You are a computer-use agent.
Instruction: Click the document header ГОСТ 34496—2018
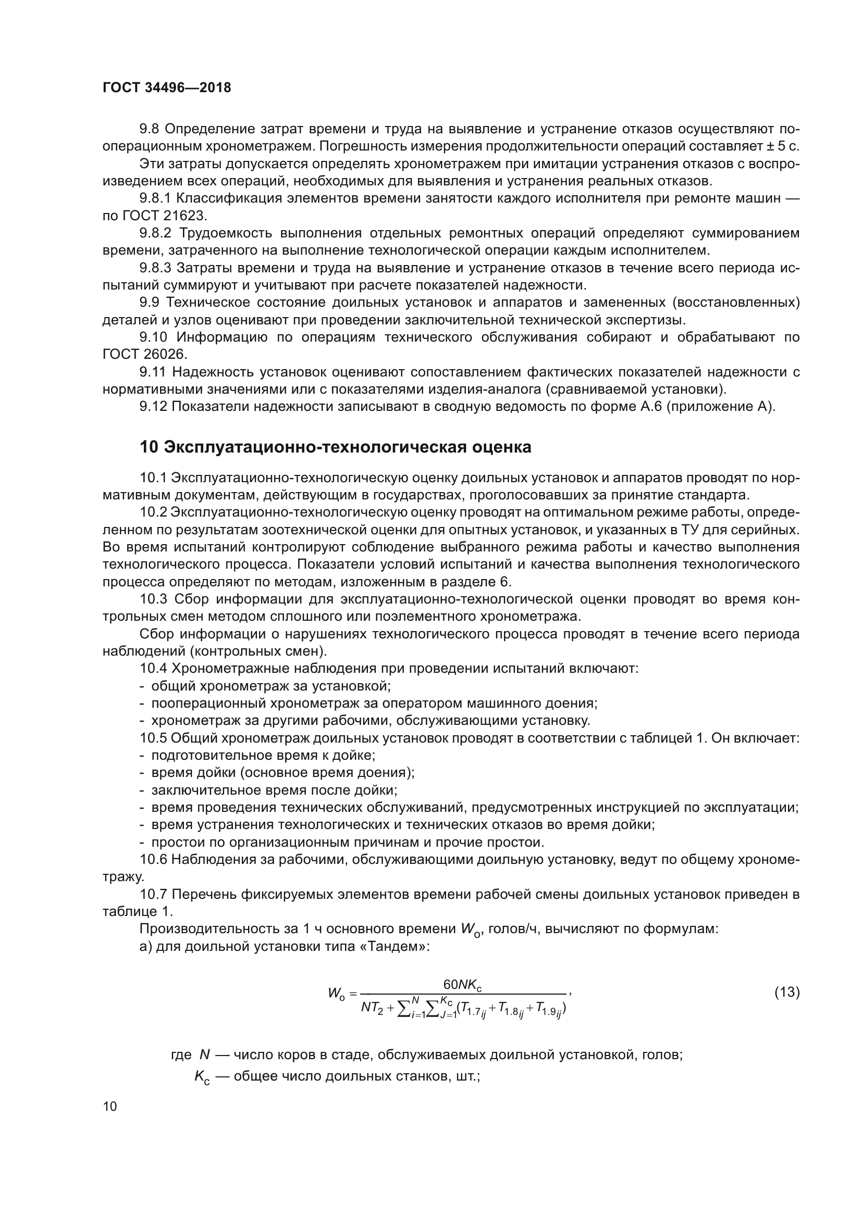(x=167, y=88)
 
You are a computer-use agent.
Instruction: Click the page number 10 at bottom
(x=110, y=1106)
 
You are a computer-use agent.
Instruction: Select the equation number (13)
(x=786, y=991)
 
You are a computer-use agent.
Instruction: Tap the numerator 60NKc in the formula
(x=462, y=985)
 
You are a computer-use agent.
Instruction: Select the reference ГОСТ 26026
(x=144, y=355)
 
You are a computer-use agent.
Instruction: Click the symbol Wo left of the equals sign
(x=336, y=993)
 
